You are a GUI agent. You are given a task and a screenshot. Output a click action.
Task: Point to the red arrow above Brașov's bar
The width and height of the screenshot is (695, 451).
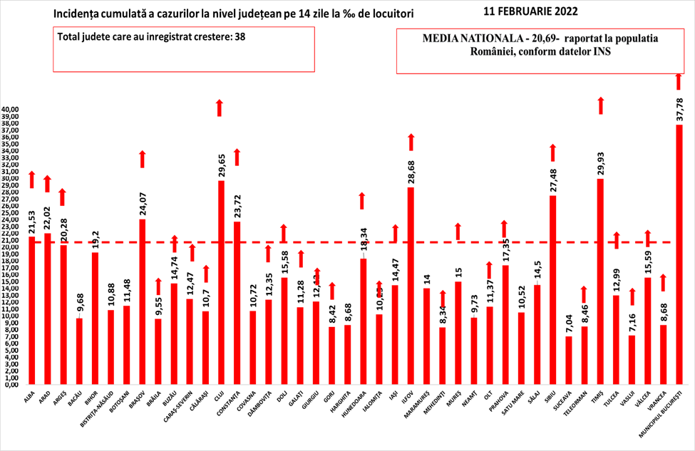pyautogui.click(x=142, y=159)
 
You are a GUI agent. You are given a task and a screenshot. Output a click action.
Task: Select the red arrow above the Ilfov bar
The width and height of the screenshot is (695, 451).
pyautogui.click(x=411, y=142)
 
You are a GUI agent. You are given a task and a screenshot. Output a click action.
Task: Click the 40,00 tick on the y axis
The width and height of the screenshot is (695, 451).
pyautogui.click(x=11, y=110)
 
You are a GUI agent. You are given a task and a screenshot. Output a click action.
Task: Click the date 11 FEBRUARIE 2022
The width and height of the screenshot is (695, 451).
pyautogui.click(x=530, y=12)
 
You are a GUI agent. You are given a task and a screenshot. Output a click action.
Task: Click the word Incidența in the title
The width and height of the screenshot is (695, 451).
pyautogui.click(x=77, y=14)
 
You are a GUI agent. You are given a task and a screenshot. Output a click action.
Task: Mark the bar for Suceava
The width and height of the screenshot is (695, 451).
pyautogui.click(x=568, y=360)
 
